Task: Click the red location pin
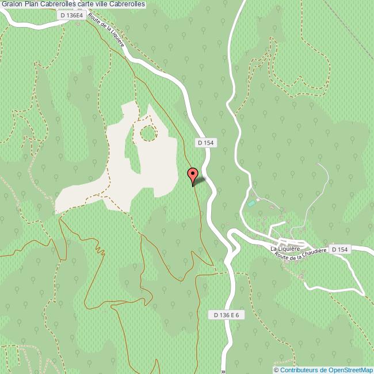(193, 174)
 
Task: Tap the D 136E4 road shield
(72, 16)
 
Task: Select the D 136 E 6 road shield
(226, 315)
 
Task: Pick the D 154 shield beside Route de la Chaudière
(339, 249)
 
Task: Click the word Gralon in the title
(12, 5)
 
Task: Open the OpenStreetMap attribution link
(326, 370)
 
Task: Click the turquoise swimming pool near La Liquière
(251, 203)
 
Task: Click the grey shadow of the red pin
(200, 181)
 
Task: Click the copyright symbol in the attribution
(276, 370)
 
